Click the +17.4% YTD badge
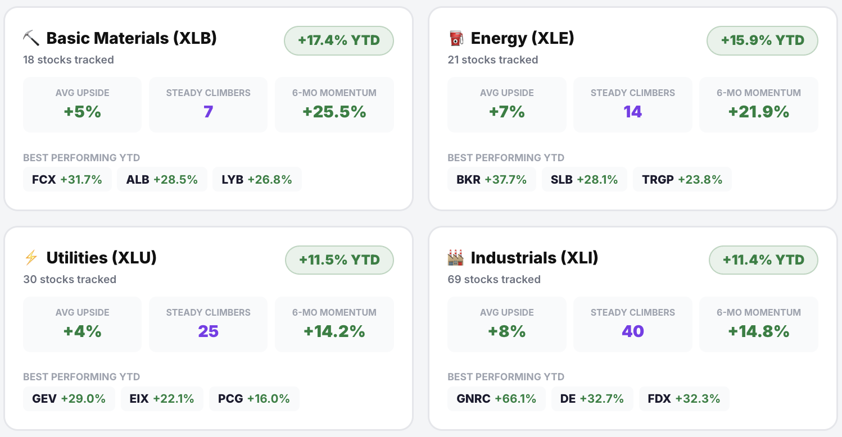click(x=339, y=40)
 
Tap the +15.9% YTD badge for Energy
click(x=762, y=40)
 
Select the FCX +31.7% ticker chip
click(x=67, y=180)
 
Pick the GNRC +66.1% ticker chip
click(x=496, y=399)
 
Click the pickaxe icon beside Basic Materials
click(x=31, y=38)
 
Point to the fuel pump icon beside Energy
click(x=456, y=38)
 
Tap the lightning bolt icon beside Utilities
click(x=31, y=258)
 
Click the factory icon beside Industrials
click(x=456, y=258)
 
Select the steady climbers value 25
click(x=208, y=331)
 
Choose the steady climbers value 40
click(x=633, y=331)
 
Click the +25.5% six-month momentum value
click(x=334, y=112)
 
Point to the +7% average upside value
click(x=507, y=112)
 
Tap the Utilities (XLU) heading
click(x=101, y=258)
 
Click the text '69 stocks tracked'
click(x=494, y=279)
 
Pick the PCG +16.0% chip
click(x=254, y=399)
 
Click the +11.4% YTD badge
click(x=763, y=260)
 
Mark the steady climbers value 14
click(x=633, y=112)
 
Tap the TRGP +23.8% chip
click(x=682, y=180)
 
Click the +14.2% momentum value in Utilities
click(x=334, y=331)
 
